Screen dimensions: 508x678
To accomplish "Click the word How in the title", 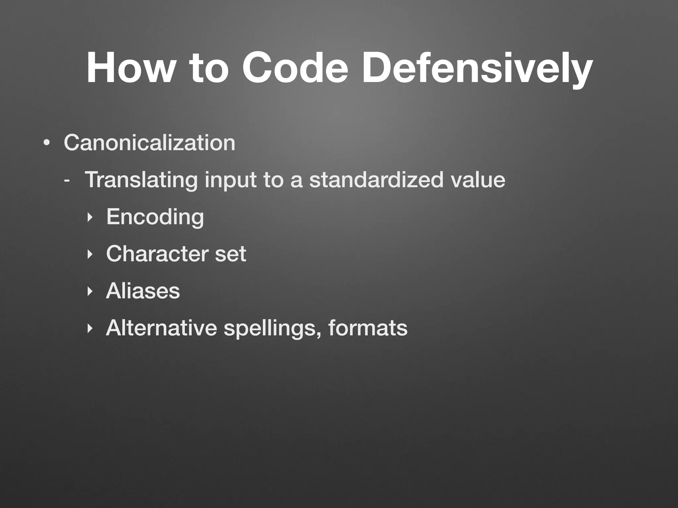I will coord(129,68).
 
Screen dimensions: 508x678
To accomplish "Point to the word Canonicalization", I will coord(149,143).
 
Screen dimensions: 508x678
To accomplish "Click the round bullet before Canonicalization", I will coord(47,144).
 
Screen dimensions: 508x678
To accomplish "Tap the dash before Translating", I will coord(67,181).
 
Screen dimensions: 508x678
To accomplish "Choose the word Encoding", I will coord(155,217).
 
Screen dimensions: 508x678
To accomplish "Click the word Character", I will coord(157,254).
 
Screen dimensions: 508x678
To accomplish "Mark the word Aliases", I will coord(143,291).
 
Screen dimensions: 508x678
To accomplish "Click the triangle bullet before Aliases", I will coord(89,292).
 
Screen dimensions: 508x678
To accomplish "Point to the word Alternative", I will coord(162,328).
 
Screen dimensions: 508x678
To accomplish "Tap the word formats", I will coord(368,328).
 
